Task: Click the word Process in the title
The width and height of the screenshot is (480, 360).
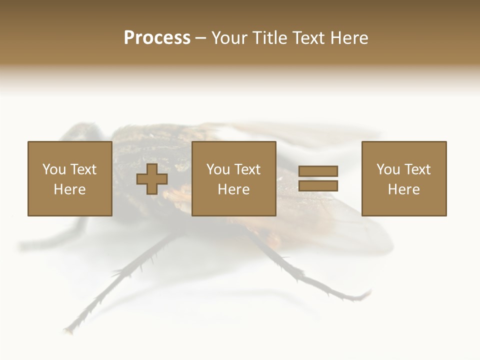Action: tap(157, 38)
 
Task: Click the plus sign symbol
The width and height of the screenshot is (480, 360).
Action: tap(152, 179)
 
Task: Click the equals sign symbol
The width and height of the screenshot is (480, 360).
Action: tap(318, 179)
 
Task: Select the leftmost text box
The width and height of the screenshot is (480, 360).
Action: tap(69, 179)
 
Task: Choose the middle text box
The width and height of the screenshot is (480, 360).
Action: tap(233, 179)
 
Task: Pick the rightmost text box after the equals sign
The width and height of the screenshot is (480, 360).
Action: tap(403, 179)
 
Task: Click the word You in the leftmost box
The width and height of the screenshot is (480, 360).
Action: tap(54, 169)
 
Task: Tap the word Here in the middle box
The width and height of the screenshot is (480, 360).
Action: tap(233, 189)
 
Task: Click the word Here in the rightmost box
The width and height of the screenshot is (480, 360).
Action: tap(403, 189)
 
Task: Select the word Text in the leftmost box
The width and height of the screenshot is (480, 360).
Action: tap(83, 169)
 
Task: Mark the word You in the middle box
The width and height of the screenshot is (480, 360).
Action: tap(218, 169)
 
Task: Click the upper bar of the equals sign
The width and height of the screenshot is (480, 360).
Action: tap(318, 171)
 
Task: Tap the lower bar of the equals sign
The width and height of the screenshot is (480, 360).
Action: tap(318, 186)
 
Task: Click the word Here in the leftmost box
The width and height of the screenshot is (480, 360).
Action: tap(69, 189)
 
